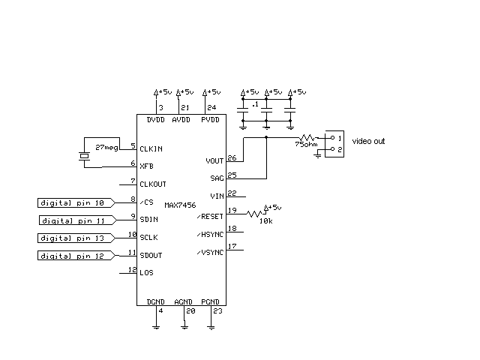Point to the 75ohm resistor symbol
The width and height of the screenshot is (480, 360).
point(307,139)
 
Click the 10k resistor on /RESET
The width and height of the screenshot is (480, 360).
point(257,213)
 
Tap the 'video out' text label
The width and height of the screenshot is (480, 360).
point(369,141)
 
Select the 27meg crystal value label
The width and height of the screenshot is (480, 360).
point(106,148)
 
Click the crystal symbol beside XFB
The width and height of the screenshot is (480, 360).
point(83,156)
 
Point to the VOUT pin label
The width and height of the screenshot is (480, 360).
point(214,161)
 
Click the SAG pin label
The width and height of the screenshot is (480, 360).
point(217,178)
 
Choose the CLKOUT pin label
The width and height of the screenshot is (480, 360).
point(153,184)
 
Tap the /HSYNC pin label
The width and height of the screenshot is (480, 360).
point(210,234)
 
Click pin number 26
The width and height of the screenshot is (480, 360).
point(231,157)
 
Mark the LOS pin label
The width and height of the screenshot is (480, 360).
point(146,273)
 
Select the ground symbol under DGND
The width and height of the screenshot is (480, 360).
point(156,326)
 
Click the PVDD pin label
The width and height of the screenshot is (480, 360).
point(211,120)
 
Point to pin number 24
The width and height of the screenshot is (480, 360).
point(211,108)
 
